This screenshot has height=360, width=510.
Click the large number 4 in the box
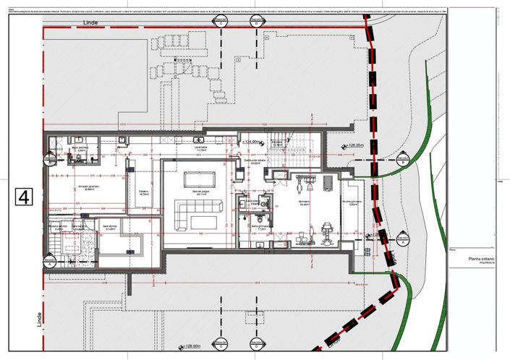(x=24, y=197)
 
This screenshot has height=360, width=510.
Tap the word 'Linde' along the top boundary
(x=91, y=22)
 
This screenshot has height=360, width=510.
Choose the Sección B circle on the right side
(x=403, y=159)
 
